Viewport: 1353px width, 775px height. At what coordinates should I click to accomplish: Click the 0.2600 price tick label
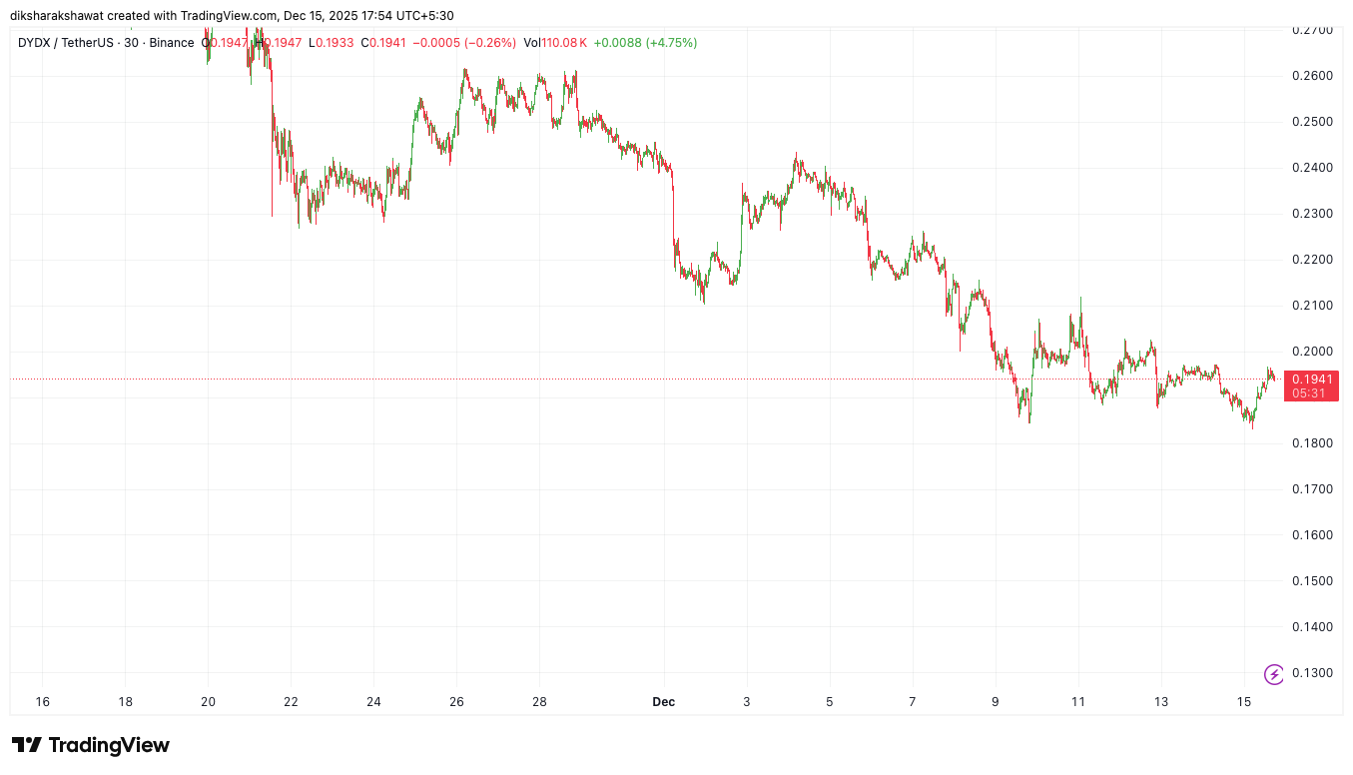coord(1311,76)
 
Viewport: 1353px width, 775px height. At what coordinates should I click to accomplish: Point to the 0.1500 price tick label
coord(1311,581)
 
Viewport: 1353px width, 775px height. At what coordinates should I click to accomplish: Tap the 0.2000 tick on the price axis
coord(1311,352)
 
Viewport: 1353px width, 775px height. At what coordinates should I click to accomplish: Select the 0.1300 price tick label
coord(1311,673)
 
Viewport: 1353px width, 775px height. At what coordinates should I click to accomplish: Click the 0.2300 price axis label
coord(1311,214)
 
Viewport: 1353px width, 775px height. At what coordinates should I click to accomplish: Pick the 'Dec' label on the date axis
coord(664,702)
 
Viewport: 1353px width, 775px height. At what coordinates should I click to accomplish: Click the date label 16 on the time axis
coord(42,702)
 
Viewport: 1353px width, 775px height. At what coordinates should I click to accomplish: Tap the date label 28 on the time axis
coord(539,702)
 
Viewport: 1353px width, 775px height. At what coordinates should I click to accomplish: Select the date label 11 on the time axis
coord(1078,702)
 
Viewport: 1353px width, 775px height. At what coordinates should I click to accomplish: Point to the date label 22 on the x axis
coord(291,702)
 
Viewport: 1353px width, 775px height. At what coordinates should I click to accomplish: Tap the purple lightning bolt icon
coord(1274,674)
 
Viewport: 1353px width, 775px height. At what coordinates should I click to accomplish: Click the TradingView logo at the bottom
coord(91,745)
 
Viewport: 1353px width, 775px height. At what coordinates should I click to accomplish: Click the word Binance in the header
coord(172,43)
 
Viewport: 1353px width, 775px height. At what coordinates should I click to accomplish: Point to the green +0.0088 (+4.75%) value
coord(645,43)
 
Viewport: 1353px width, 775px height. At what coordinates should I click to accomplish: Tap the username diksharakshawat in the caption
coord(67,15)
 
